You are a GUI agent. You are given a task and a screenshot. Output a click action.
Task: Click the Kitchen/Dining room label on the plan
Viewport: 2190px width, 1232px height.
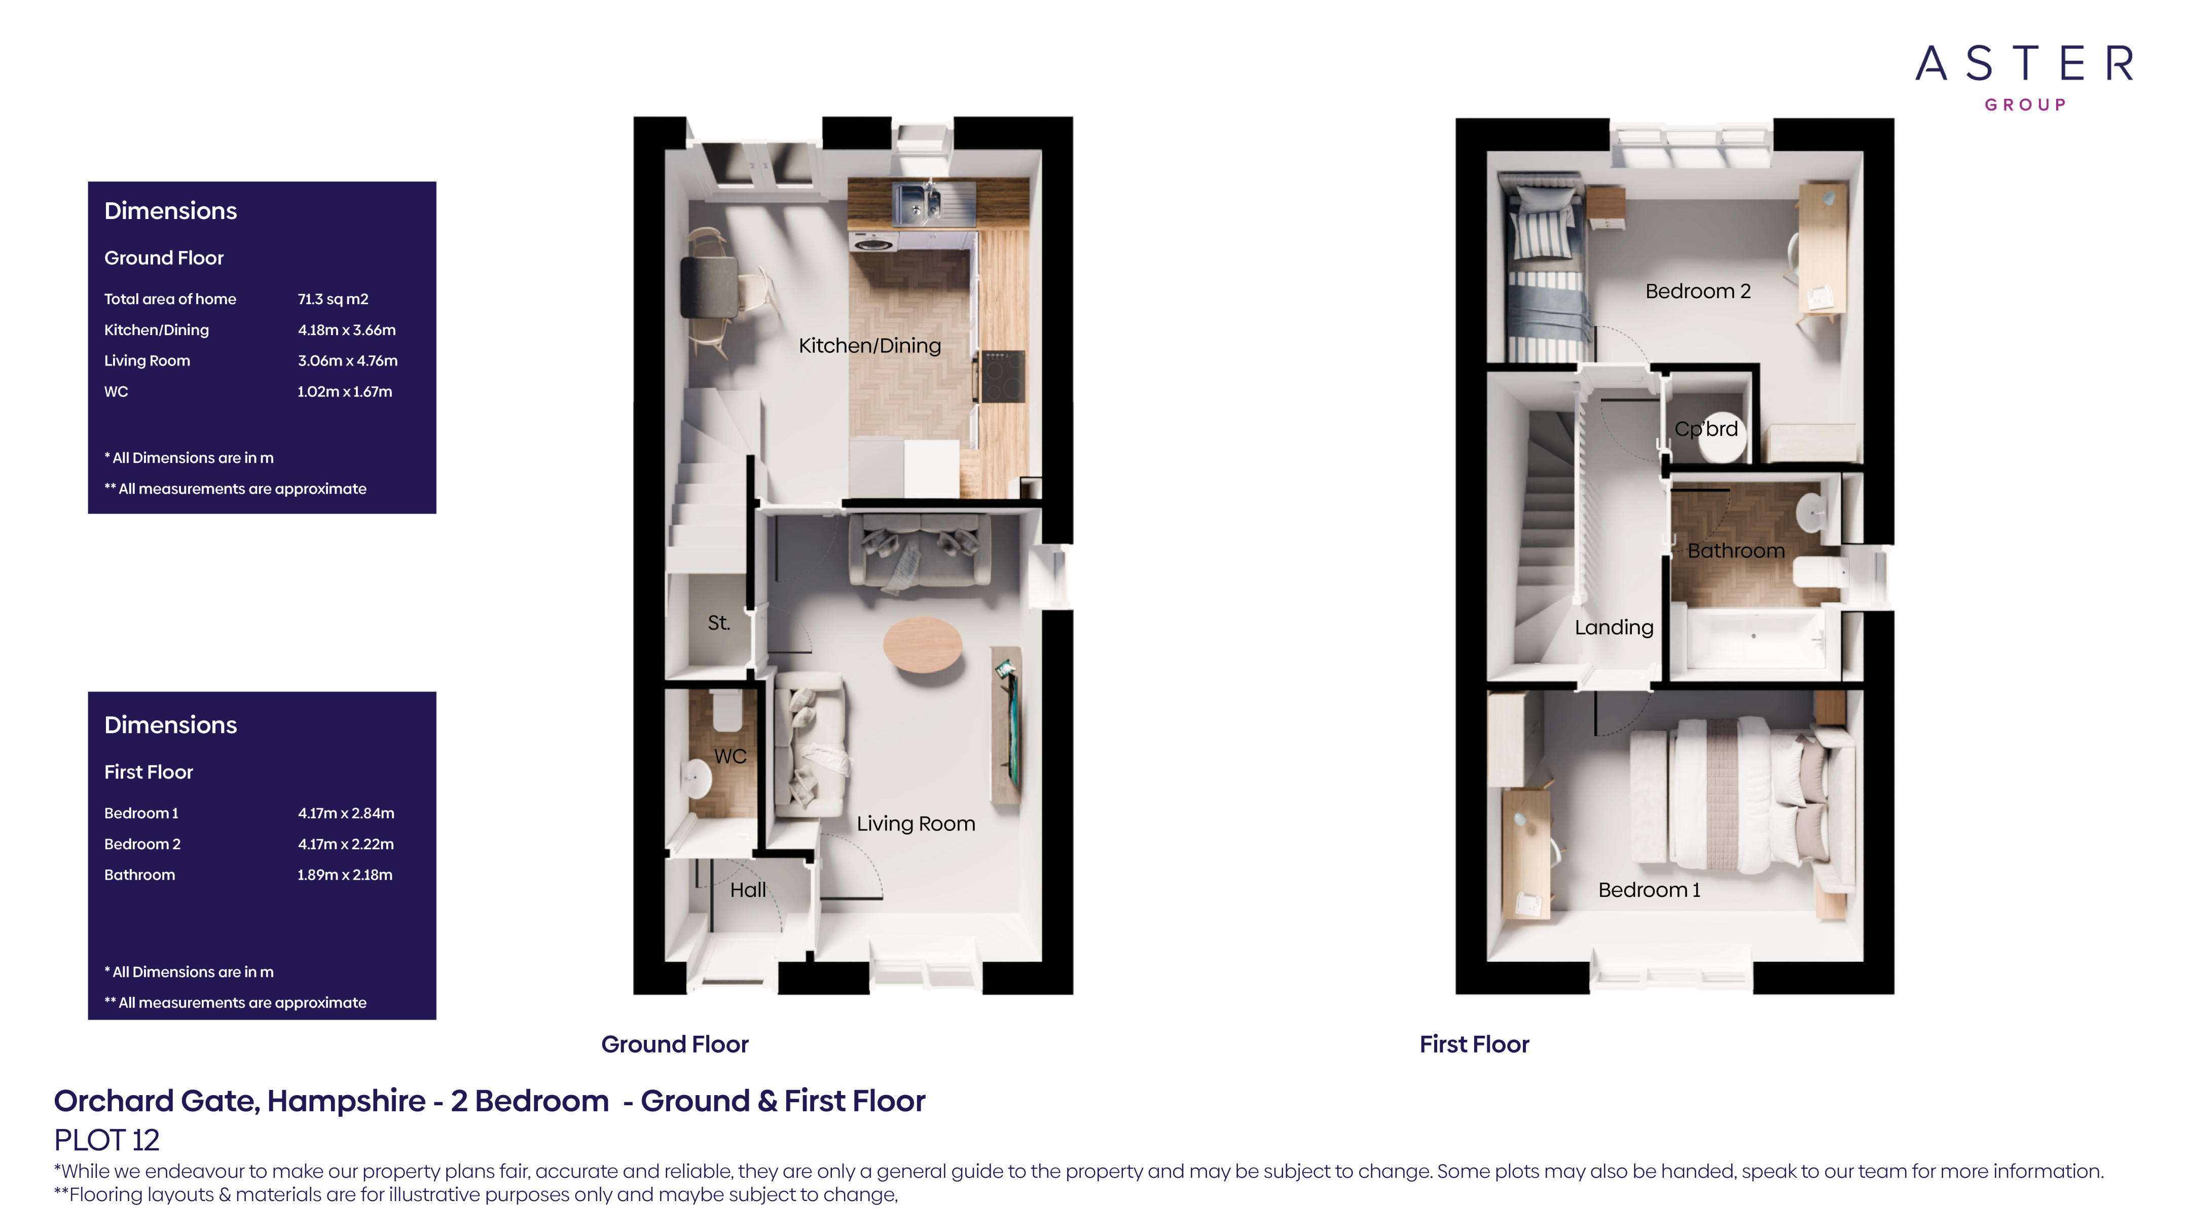869,345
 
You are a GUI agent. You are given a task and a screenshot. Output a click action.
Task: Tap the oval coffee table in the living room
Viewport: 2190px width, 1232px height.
923,644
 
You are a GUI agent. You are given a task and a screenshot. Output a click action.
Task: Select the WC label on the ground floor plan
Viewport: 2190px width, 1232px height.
729,756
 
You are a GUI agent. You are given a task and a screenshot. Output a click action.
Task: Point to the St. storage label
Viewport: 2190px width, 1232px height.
718,623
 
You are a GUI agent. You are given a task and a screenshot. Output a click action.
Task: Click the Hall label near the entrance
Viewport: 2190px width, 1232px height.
747,889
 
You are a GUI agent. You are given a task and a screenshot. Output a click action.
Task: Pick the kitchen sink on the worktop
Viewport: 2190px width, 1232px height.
917,202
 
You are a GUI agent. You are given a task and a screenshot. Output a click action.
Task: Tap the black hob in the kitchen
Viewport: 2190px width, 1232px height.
1003,376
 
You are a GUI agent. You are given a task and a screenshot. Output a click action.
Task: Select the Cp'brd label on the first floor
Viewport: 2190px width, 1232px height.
1705,428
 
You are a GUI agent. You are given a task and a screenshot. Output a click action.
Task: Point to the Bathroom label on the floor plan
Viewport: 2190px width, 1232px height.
1735,550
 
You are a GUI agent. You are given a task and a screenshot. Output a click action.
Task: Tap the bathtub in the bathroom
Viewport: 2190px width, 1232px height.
1753,639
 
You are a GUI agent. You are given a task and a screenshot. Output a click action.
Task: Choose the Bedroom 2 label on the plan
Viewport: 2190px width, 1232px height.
1697,291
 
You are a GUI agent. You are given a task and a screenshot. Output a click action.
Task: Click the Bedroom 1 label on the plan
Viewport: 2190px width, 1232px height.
1649,889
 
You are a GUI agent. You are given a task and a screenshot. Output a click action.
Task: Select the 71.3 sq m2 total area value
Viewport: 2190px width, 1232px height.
333,299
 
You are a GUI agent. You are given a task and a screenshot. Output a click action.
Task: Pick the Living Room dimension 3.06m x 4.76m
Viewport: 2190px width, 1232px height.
347,360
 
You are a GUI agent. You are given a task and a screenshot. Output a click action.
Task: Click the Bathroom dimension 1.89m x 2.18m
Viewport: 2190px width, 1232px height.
344,874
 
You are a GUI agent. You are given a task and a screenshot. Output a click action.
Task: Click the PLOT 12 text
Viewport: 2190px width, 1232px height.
106,1139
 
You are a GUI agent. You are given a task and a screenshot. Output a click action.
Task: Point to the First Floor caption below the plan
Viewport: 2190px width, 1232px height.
1473,1044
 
